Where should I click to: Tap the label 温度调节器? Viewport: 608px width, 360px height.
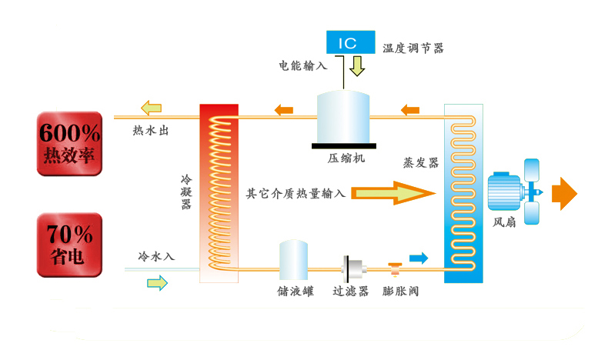[413, 48]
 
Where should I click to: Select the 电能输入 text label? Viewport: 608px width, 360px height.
[302, 65]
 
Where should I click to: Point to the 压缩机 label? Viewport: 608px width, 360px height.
[343, 158]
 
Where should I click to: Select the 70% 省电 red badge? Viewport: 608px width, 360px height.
[69, 245]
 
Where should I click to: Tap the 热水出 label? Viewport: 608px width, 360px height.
[151, 130]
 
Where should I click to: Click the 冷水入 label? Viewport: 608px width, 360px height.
[156, 255]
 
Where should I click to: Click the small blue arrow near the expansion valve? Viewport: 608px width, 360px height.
[418, 258]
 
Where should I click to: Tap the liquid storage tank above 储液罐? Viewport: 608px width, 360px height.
[293, 259]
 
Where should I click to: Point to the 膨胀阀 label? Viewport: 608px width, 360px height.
[400, 292]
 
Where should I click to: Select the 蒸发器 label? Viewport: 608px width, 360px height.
[421, 163]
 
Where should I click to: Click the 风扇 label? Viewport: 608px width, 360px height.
[506, 225]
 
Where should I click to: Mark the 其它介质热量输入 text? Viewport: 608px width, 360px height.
[296, 193]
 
